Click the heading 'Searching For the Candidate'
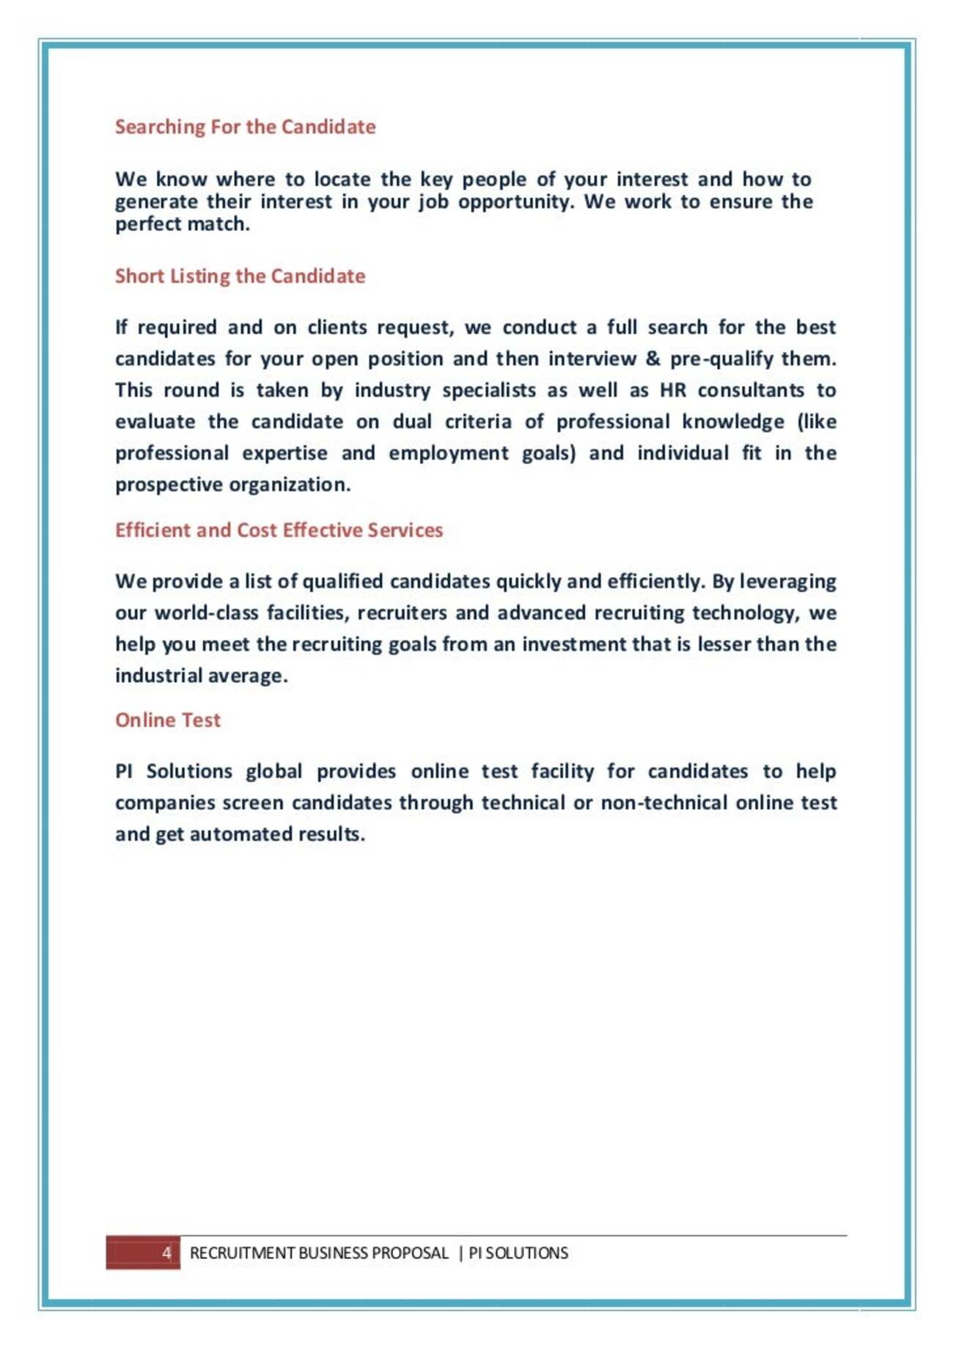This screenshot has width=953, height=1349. [245, 127]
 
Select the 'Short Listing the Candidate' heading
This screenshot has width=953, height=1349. [240, 276]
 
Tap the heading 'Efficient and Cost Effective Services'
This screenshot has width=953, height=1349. [279, 530]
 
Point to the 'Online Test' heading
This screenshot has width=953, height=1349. [167, 720]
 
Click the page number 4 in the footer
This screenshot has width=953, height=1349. [166, 1252]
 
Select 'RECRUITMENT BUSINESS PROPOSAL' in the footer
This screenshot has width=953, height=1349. [319, 1252]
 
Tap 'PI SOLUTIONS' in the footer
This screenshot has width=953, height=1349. [518, 1252]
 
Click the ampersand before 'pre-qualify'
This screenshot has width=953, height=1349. [652, 359]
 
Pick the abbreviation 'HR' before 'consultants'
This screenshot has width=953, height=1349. [673, 390]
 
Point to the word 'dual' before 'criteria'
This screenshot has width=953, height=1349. [412, 422]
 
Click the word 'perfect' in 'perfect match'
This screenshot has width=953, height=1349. [144, 224]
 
